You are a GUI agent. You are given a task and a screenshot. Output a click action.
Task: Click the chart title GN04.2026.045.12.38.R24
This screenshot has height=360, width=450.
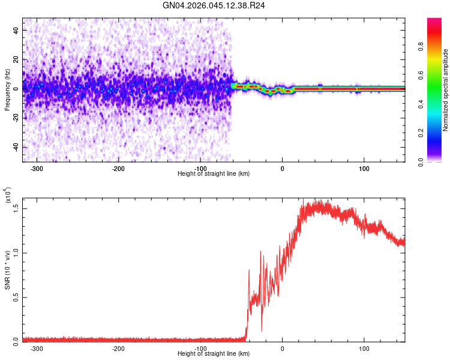[214, 5]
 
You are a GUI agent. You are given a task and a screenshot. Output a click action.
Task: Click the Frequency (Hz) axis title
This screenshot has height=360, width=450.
[7, 90]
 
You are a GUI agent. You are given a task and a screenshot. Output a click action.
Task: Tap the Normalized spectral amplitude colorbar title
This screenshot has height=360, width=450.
[446, 90]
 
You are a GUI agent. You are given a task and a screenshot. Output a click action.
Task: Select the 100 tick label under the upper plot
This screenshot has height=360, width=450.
[364, 169]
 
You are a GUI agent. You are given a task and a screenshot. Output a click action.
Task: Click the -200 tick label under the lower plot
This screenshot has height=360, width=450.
[118, 348]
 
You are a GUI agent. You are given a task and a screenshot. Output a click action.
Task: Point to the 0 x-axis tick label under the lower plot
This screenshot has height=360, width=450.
[282, 348]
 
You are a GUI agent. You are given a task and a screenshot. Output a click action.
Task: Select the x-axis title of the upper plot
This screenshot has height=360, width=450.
[214, 174]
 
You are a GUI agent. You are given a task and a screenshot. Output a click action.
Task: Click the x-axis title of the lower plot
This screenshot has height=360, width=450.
[214, 354]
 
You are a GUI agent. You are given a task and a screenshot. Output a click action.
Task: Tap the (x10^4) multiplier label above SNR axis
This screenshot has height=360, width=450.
[8, 196]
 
